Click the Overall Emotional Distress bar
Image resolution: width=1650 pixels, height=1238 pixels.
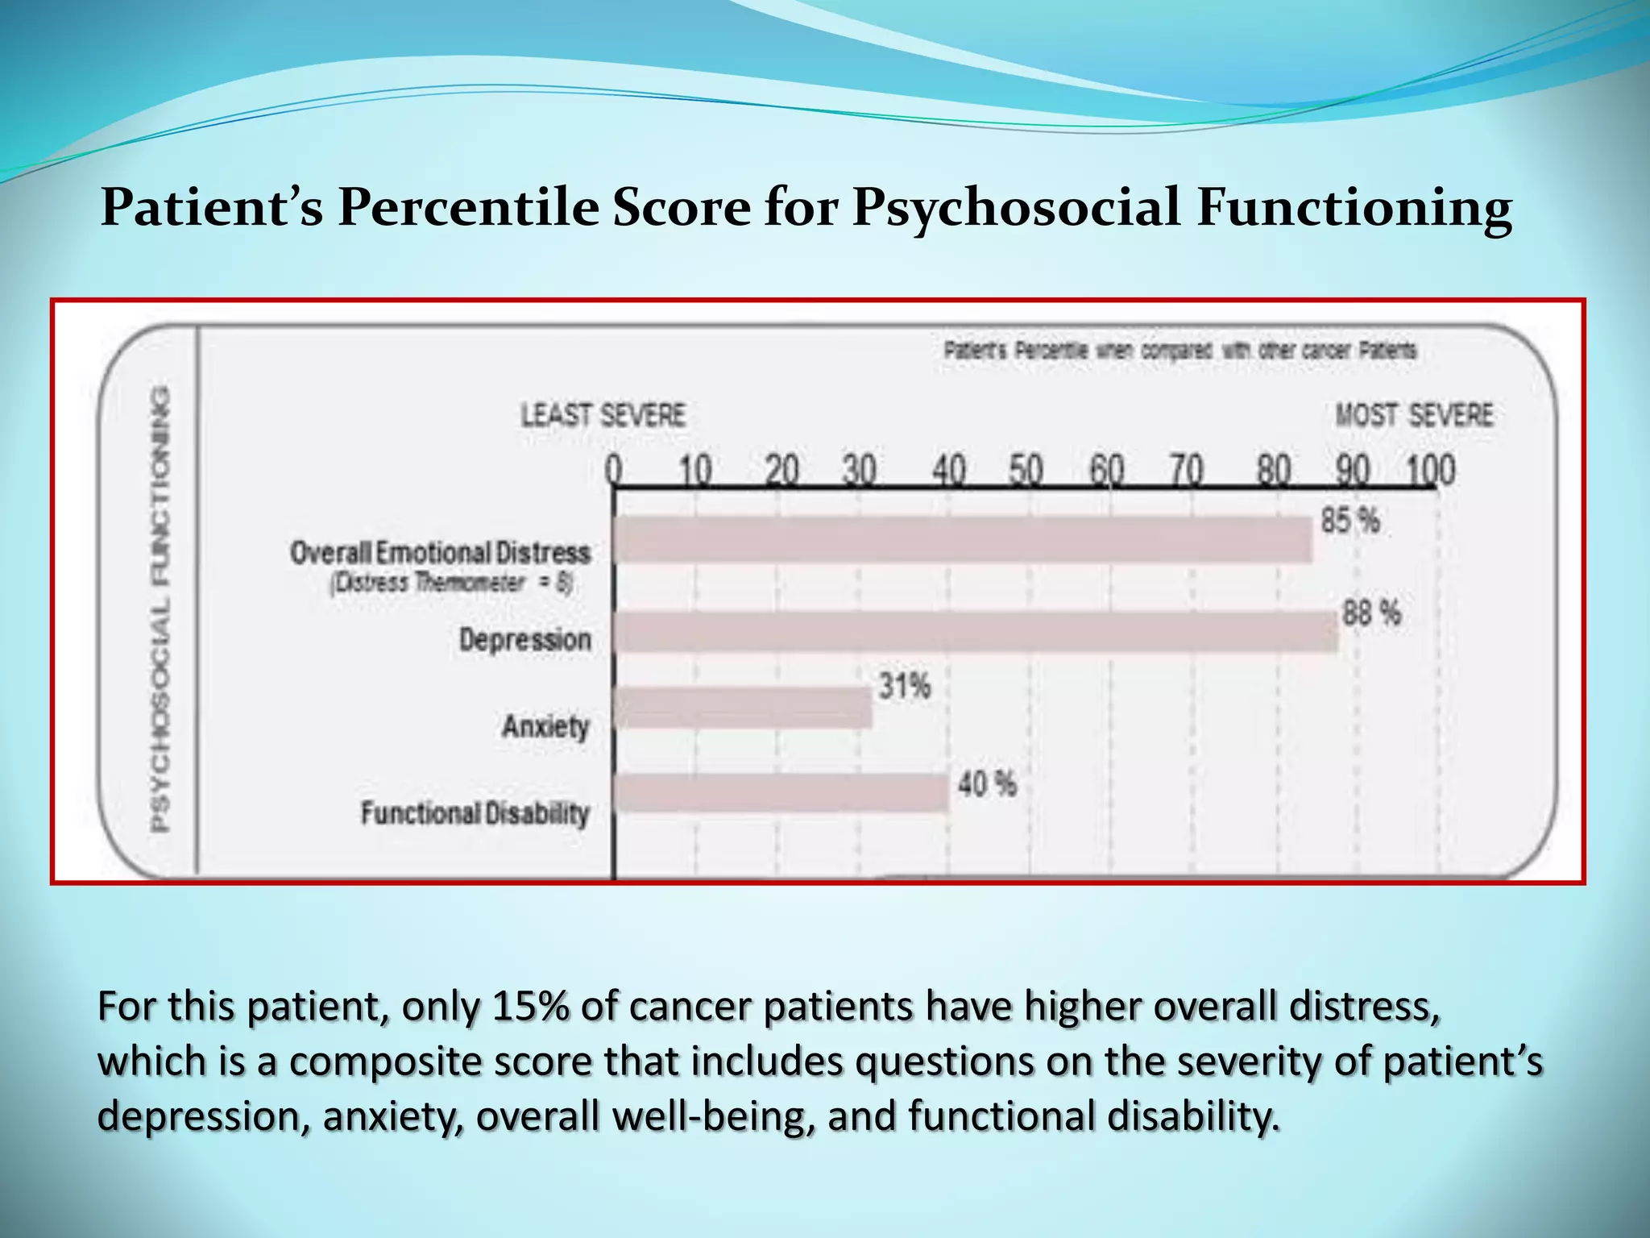[x=963, y=539]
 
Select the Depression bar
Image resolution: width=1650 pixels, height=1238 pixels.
[x=975, y=631]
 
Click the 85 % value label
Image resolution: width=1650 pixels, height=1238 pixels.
[x=1349, y=521]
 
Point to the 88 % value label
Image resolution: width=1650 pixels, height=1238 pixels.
[x=1371, y=614]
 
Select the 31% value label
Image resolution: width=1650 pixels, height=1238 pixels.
[x=904, y=687]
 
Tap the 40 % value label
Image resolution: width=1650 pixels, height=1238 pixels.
[x=987, y=783]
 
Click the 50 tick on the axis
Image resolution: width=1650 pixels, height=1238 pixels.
[x=1026, y=471]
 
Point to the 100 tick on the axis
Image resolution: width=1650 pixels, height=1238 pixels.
[x=1431, y=471]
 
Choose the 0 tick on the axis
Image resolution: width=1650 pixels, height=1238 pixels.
[x=614, y=471]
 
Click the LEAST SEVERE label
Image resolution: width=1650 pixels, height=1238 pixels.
[x=603, y=415]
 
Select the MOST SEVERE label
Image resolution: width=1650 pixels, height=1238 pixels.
[x=1414, y=415]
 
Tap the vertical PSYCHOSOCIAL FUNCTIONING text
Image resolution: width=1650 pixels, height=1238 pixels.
[x=161, y=609]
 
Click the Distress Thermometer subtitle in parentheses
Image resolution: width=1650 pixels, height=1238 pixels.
[x=451, y=583]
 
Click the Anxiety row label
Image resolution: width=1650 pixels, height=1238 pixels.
[x=545, y=726]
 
